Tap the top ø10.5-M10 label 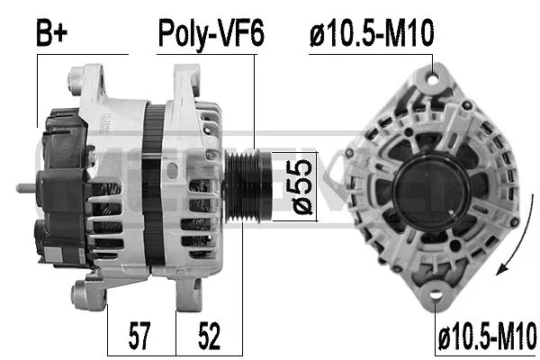[x=370, y=34]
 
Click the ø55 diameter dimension [x=303, y=185]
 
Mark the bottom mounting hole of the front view [x=435, y=292]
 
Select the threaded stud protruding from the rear [x=25, y=189]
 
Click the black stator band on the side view [x=154, y=180]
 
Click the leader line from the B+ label [x=38, y=90]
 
